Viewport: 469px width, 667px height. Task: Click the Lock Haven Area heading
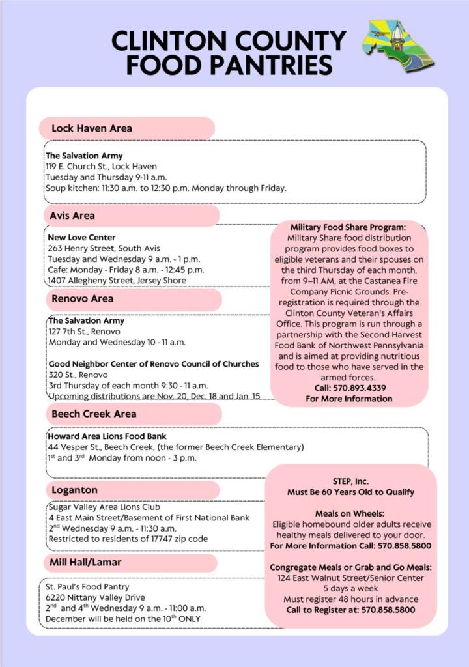[92, 128]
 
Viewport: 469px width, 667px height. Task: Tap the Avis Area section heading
[72, 216]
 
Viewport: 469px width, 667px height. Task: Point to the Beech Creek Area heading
[94, 414]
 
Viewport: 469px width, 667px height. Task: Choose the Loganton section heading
[74, 490]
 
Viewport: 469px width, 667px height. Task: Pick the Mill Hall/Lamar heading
[86, 562]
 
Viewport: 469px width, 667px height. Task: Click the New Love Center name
[81, 238]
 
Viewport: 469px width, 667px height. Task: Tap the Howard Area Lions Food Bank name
[107, 436]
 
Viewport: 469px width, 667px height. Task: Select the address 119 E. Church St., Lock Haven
[101, 167]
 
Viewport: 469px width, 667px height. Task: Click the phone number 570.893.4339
[349, 388]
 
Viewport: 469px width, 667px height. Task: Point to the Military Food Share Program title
[348, 227]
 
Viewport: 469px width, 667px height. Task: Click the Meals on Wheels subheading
[350, 514]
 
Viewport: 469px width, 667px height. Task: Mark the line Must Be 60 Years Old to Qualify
[350, 492]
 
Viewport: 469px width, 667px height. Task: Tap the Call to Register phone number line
[351, 610]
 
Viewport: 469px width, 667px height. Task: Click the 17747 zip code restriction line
[128, 539]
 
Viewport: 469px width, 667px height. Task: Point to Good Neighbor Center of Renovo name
[153, 364]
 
